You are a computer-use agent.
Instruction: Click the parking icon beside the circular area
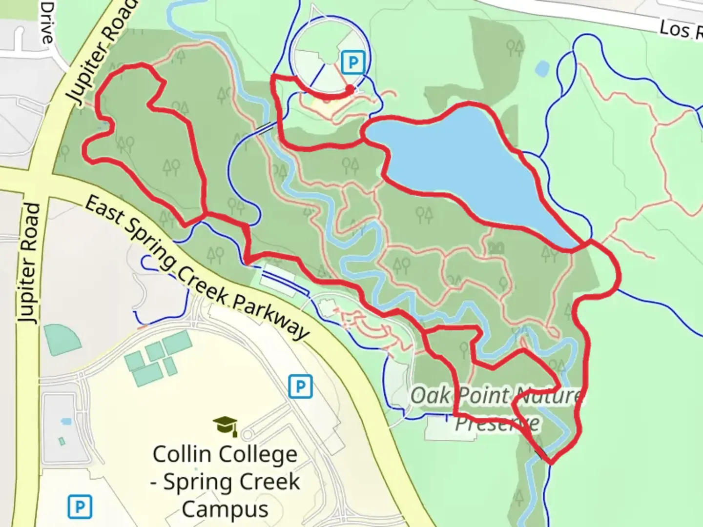(x=353, y=62)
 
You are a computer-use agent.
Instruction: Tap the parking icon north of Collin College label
(x=300, y=387)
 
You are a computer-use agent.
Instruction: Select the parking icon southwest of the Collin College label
(x=79, y=507)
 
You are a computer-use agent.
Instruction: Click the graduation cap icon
(x=225, y=426)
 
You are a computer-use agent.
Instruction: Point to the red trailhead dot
(x=350, y=89)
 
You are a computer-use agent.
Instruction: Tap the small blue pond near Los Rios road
(x=542, y=69)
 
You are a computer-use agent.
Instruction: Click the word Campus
(x=225, y=509)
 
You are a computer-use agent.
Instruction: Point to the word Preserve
(x=497, y=423)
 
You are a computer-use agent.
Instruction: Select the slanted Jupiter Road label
(x=101, y=54)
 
